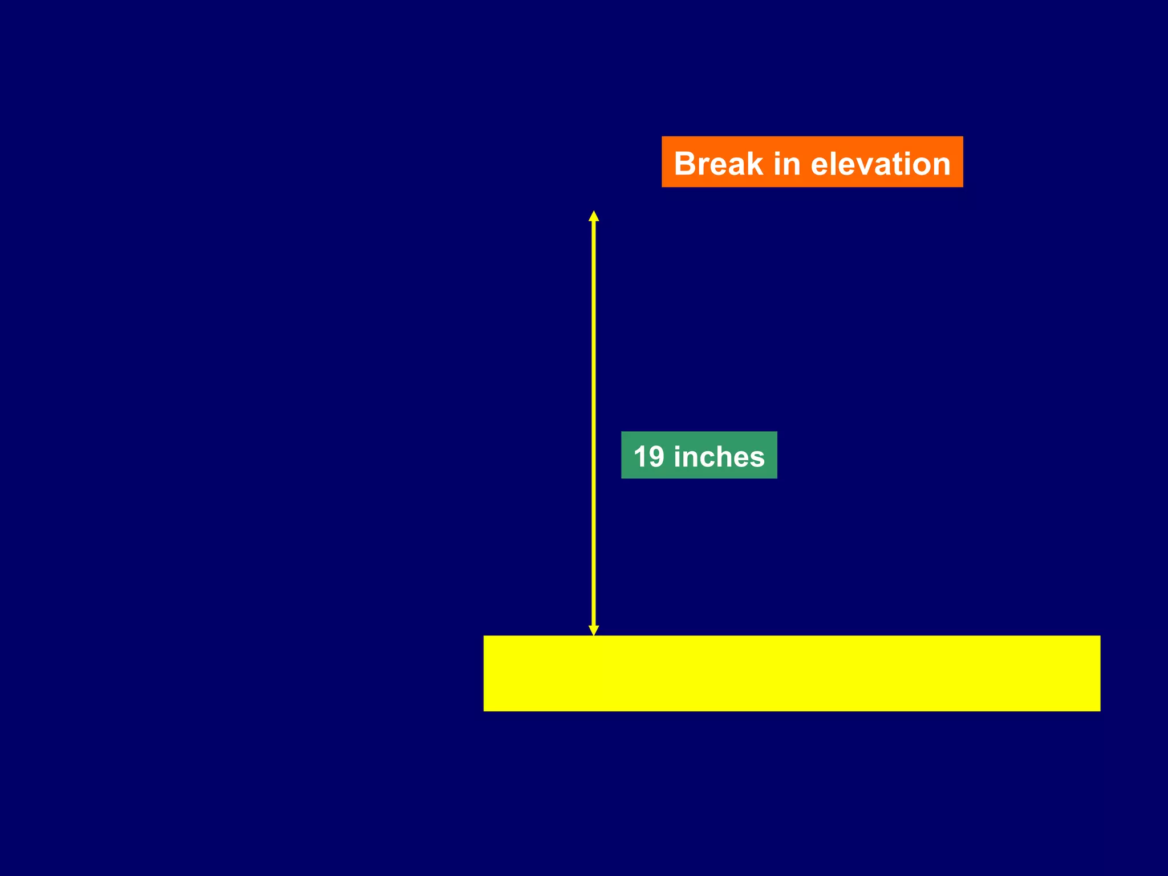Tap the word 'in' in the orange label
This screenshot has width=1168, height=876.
click(x=786, y=164)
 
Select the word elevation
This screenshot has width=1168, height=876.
click(x=881, y=164)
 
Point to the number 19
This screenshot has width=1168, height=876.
click(x=649, y=457)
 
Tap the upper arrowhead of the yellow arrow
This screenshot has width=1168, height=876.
click(x=594, y=216)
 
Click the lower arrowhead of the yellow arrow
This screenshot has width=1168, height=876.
click(x=594, y=630)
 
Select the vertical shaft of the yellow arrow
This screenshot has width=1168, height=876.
click(x=594, y=422)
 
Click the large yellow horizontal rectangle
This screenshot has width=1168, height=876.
click(x=792, y=673)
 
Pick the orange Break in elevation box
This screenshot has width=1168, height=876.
click(x=812, y=161)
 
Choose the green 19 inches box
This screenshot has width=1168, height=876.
click(x=699, y=455)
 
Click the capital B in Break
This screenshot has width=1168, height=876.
click(x=686, y=164)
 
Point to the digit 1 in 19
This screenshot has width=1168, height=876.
click(x=640, y=457)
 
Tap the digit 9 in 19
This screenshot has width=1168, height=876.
click(x=656, y=457)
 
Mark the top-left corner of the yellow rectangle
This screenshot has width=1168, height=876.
click(x=484, y=636)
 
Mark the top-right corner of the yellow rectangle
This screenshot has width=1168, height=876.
click(x=1100, y=636)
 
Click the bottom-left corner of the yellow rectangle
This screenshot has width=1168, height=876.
click(x=484, y=711)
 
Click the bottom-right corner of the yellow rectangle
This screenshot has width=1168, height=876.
click(x=1100, y=711)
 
